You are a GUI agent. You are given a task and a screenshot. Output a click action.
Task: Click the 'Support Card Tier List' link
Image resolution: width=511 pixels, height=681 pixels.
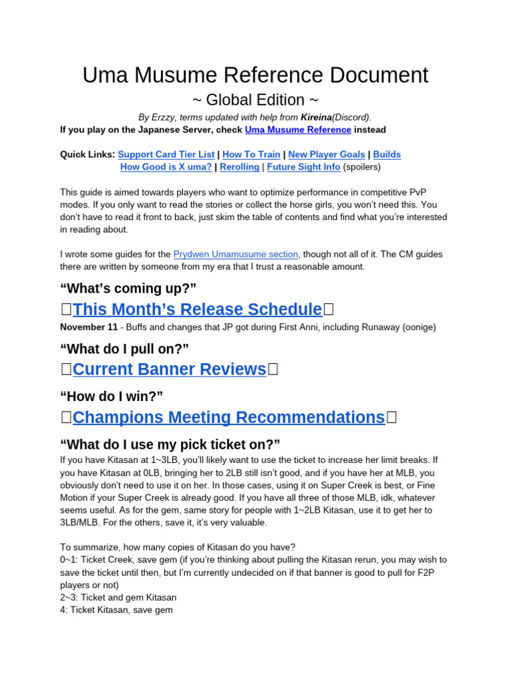coord(166,154)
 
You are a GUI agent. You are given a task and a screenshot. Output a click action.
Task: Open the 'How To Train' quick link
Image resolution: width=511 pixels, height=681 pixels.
coord(252,154)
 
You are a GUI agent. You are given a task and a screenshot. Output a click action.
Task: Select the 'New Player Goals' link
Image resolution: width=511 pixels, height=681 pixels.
coord(326,154)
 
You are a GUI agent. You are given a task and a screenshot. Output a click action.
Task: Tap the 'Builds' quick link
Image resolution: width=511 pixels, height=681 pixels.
coord(387,154)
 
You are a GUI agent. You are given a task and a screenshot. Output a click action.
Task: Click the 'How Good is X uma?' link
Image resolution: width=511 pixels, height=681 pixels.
coord(166,167)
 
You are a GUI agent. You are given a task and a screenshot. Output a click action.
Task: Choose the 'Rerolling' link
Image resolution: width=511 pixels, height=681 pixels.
coord(240,167)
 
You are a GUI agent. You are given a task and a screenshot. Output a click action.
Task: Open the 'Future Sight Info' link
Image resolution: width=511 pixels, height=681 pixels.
coord(303,167)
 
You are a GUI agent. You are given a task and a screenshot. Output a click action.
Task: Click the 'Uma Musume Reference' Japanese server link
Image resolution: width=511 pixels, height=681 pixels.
coord(298,130)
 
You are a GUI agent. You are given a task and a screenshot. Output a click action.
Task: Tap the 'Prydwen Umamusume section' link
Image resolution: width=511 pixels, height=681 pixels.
coord(236,254)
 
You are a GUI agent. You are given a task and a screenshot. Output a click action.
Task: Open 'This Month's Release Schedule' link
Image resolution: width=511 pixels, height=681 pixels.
coord(197,309)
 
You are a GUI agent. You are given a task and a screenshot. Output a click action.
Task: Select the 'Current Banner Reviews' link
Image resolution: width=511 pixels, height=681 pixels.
coord(169,369)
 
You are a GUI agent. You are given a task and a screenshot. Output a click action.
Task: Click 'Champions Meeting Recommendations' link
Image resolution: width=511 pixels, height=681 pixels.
coord(228,418)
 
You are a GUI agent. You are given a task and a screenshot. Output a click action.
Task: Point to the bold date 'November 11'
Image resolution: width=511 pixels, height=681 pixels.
coord(88,327)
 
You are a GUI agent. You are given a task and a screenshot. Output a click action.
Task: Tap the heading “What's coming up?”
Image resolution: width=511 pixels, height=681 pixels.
coord(128,288)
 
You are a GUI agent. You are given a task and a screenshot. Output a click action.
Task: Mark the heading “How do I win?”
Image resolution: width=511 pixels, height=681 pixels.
coord(112,396)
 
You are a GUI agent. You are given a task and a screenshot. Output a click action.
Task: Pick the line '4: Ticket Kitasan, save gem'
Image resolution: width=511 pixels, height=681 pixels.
coord(116,609)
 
